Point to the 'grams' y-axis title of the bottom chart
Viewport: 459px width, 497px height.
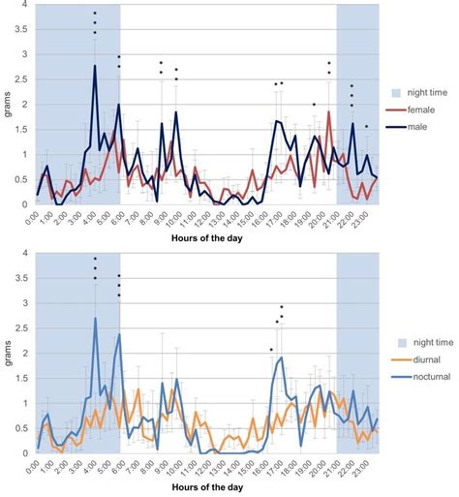pyautogui.click(x=8, y=354)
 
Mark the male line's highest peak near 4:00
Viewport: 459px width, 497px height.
pyautogui.click(x=95, y=65)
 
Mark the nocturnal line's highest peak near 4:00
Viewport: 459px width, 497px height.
pyautogui.click(x=95, y=318)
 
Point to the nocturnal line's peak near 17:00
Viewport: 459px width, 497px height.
pyautogui.click(x=281, y=357)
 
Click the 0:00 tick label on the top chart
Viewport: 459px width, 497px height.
pyautogui.click(x=32, y=218)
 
